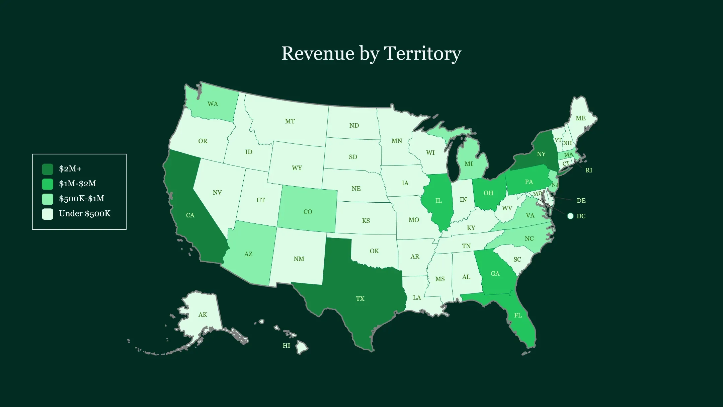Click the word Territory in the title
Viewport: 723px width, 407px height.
pos(423,54)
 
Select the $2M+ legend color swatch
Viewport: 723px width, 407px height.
pos(48,169)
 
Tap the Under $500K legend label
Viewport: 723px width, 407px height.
pos(84,214)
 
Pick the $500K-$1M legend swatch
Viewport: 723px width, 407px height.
pos(48,199)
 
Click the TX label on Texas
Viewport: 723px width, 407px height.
pos(360,298)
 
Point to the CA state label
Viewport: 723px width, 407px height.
pos(190,215)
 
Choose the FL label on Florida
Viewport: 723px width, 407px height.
pos(518,316)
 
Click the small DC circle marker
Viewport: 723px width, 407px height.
pos(570,216)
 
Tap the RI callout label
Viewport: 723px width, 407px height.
pos(589,170)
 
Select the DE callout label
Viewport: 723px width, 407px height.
pos(581,201)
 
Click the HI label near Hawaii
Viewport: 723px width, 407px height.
pos(286,346)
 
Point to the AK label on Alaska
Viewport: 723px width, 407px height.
pos(203,315)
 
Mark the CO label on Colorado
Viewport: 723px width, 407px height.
pos(308,212)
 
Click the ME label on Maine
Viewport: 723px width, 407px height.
pos(580,118)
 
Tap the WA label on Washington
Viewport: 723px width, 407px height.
pos(213,104)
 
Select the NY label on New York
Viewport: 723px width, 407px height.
pos(541,154)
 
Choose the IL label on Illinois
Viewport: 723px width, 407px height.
pos(438,201)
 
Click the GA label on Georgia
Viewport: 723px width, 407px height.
pos(495,274)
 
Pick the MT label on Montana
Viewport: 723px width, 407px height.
pos(290,121)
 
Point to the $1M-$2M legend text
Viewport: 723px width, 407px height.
pos(77,184)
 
